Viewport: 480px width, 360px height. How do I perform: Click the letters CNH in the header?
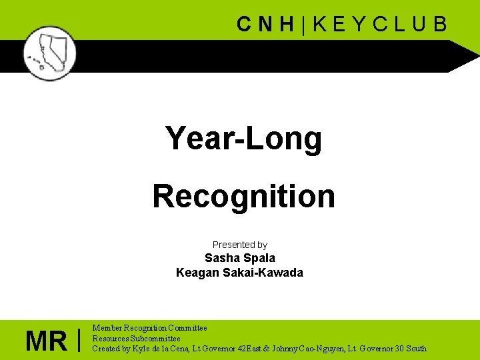point(265,25)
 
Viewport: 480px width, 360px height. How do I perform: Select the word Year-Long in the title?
point(243,139)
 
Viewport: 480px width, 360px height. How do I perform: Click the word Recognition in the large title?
point(243,196)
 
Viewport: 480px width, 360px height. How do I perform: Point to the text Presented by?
point(239,245)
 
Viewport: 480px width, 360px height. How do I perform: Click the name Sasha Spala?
point(239,258)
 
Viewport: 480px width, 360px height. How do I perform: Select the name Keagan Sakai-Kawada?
point(239,273)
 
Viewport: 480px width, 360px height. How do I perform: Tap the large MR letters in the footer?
point(46,341)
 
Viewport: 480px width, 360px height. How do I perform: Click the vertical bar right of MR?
point(79,340)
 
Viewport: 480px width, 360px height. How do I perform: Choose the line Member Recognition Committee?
point(149,328)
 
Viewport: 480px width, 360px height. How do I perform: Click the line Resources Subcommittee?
point(136,338)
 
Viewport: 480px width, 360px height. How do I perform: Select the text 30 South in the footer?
point(406,348)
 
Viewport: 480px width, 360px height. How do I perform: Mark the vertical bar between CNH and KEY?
point(303,25)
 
